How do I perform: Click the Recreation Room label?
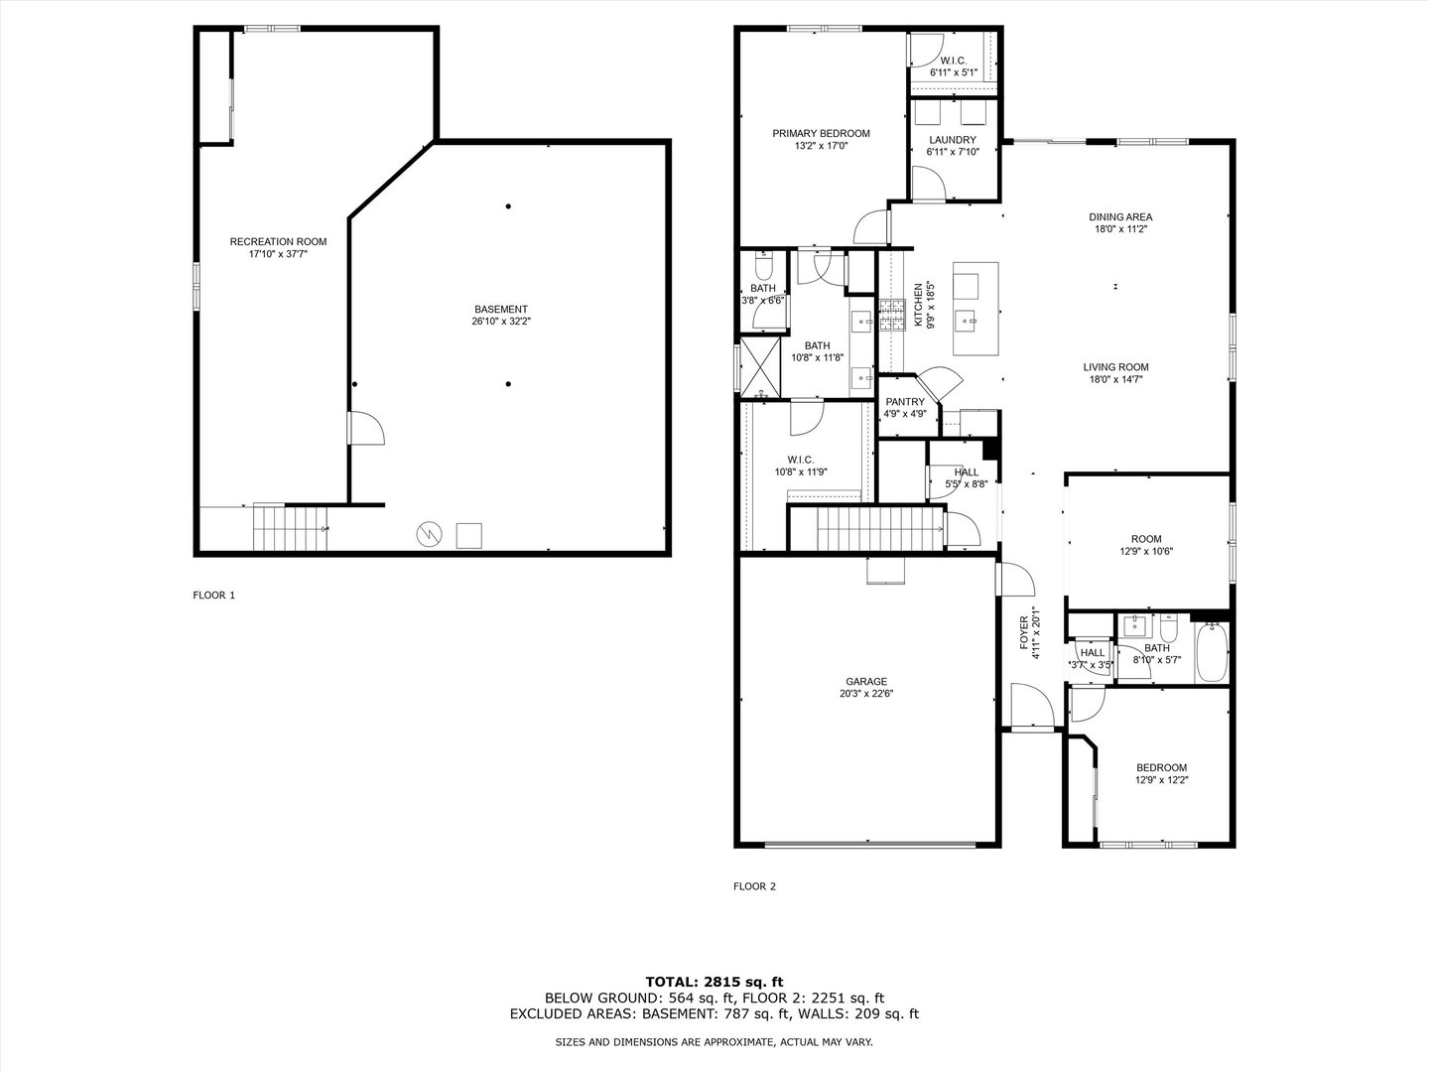[278, 241]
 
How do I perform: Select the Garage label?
[865, 682]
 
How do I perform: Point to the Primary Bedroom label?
[821, 133]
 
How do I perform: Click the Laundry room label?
[953, 140]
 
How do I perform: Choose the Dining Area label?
[1120, 216]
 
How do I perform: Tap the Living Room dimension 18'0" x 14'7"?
[1115, 379]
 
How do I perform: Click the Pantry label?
[905, 402]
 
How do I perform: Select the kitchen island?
[974, 309]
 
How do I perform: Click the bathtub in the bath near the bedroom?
[1212, 652]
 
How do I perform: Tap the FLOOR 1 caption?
[213, 596]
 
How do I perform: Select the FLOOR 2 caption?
[754, 886]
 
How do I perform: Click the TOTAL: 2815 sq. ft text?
[714, 982]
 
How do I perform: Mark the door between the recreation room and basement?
[365, 431]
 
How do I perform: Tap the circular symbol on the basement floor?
[429, 535]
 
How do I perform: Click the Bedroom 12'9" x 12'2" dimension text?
[1161, 780]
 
